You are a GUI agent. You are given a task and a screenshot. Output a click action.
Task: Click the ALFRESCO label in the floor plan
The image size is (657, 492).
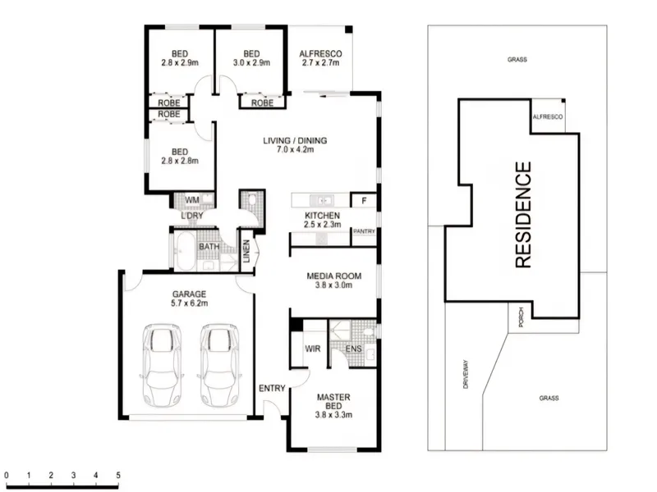point(320,54)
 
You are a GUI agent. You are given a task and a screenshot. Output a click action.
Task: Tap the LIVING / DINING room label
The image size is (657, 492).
point(295,140)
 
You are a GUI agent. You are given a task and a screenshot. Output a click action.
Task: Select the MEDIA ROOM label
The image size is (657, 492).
point(334,276)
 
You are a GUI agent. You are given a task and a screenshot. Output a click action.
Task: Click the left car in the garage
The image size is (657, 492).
point(162,365)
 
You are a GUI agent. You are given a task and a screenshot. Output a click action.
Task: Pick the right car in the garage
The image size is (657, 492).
point(219,365)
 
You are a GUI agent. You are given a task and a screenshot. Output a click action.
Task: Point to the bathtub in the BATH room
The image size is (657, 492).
point(185,250)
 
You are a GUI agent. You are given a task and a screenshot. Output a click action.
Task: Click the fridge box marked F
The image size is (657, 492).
point(364,200)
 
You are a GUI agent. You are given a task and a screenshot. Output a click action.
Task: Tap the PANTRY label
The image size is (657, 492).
point(364,231)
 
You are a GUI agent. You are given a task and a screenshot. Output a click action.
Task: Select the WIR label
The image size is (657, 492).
point(313,349)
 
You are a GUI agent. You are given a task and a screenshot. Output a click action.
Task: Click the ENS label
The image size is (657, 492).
point(354,349)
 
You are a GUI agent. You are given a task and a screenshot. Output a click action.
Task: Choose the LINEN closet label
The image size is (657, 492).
point(246,251)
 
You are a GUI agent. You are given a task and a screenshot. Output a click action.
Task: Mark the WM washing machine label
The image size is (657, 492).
point(192,200)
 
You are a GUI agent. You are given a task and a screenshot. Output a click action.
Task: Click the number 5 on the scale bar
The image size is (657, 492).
point(118,476)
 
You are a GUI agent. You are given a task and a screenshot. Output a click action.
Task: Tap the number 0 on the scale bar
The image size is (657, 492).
point(7,476)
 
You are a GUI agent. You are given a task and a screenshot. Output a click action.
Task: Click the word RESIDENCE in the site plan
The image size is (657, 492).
point(523,215)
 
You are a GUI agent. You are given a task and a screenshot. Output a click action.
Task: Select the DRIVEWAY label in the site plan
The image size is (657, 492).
point(466,375)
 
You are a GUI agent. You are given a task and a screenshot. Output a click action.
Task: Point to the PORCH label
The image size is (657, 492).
point(521,317)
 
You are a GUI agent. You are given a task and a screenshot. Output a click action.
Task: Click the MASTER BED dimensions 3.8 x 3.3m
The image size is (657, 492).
point(333,415)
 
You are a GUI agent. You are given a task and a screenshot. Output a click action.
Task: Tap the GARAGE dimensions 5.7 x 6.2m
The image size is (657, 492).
point(189,303)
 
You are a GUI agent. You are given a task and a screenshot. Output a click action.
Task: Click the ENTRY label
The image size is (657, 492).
point(272,389)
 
